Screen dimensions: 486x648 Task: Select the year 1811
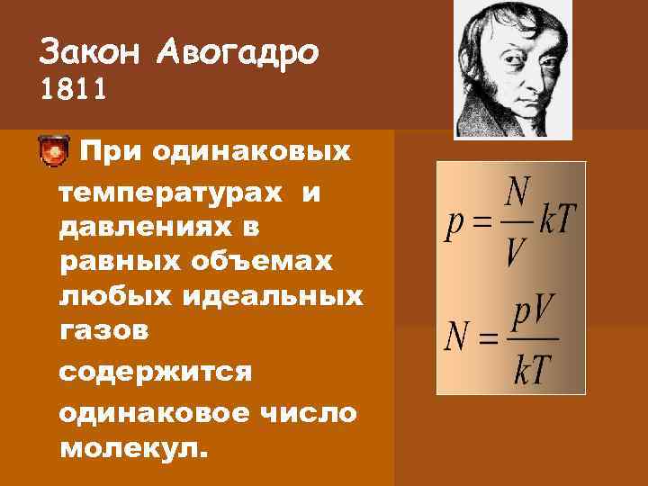click(73, 90)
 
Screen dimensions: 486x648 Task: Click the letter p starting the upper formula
click(455, 224)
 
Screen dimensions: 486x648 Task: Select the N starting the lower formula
click(456, 340)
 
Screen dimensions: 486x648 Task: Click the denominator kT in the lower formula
click(532, 370)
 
